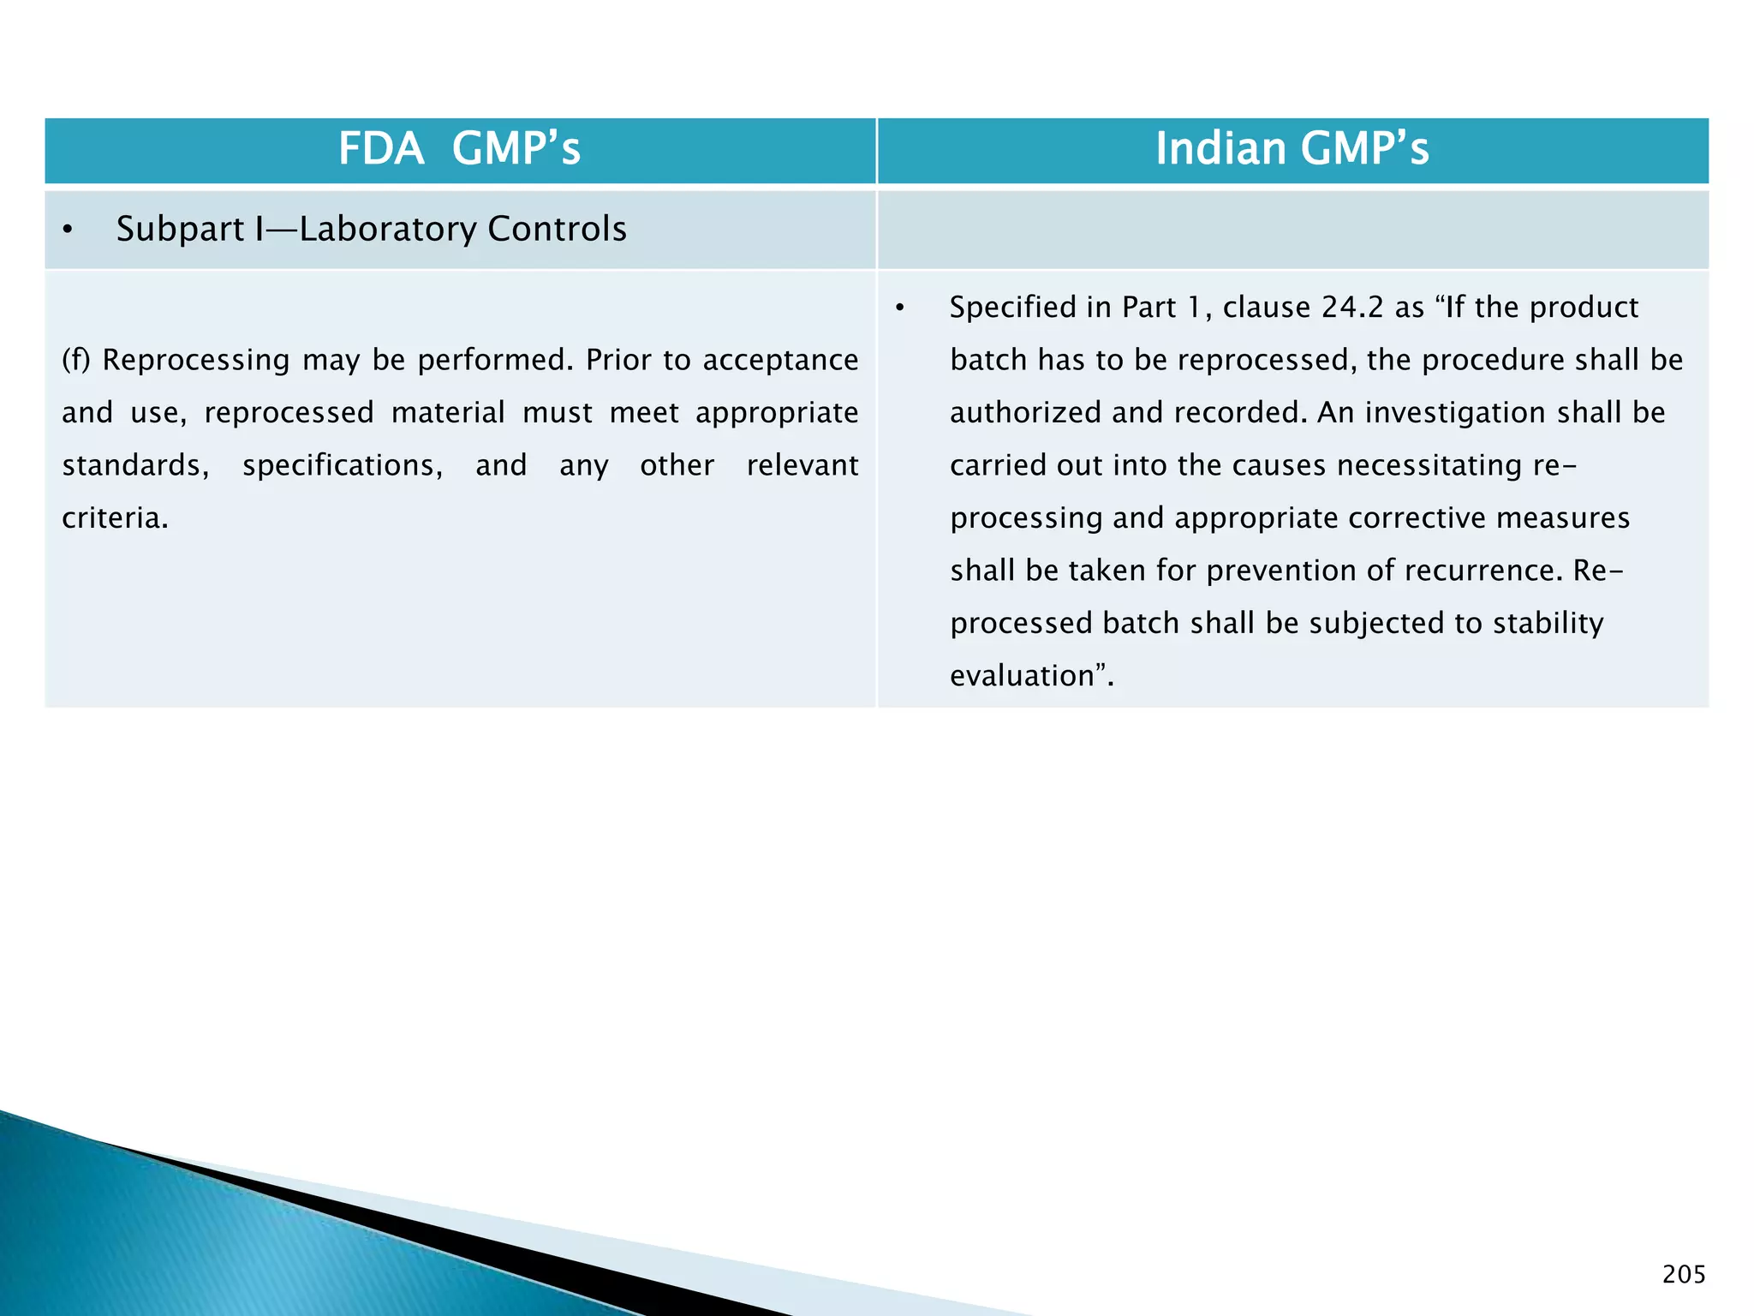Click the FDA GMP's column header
tap(459, 149)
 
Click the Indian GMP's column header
tap(1292, 149)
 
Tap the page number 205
tap(1684, 1275)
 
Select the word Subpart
tap(180, 230)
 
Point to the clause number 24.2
tap(1352, 308)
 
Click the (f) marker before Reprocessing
tap(76, 360)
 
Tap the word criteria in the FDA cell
tap(114, 518)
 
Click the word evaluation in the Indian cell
tap(1022, 676)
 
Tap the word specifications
tap(342, 465)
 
